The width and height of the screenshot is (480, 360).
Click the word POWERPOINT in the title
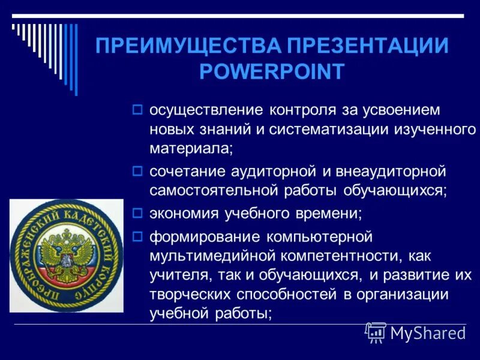pyautogui.click(x=272, y=71)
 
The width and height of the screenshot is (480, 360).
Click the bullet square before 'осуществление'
pyautogui.click(x=137, y=110)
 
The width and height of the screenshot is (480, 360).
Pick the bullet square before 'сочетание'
pyautogui.click(x=137, y=172)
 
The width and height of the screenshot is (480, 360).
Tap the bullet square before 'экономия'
pyautogui.click(x=137, y=212)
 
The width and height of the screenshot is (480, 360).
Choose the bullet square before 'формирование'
pyautogui.click(x=137, y=235)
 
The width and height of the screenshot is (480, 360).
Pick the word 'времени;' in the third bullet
pyautogui.click(x=326, y=213)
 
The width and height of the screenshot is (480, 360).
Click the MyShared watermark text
pyautogui.click(x=428, y=333)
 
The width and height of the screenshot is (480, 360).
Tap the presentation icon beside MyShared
pyautogui.click(x=376, y=332)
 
